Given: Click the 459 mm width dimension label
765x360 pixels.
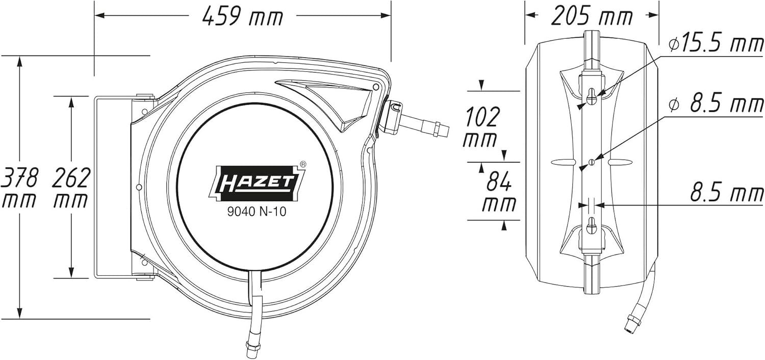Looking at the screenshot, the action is tap(242, 16).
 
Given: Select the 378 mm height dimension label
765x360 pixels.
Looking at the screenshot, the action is tap(19, 187).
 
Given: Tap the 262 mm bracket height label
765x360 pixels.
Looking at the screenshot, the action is tap(71, 187).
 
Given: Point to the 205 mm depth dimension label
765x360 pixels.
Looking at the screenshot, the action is tap(592, 16).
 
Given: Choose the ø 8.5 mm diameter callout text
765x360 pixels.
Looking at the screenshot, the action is tap(716, 104).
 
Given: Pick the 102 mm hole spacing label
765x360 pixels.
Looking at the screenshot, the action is tap(481, 127).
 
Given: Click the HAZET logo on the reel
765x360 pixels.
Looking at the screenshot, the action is tap(256, 183).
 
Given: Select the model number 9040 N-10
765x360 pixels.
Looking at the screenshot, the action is tap(257, 212).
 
